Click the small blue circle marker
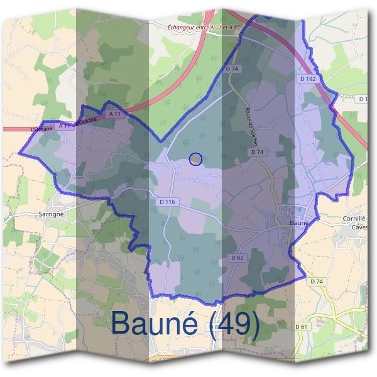click(x=195, y=159)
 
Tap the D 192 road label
click(x=307, y=79)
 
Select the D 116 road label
click(x=167, y=201)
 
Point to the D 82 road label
click(x=237, y=258)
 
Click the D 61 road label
click(x=302, y=327)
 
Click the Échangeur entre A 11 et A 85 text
click(x=204, y=27)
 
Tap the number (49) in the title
click(x=231, y=324)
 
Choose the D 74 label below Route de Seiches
click(x=256, y=152)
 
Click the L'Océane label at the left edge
click(x=42, y=129)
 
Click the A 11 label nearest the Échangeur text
click(x=114, y=114)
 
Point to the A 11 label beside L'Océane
click(x=63, y=126)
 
